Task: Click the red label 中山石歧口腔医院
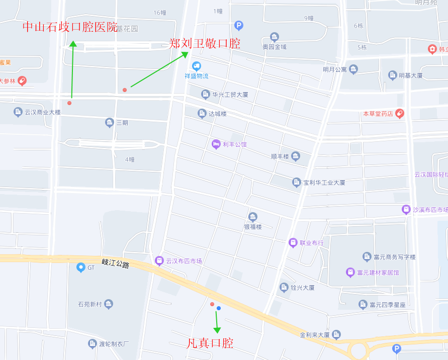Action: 70,27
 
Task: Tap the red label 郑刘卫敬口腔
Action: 204,44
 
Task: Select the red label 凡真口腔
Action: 210,343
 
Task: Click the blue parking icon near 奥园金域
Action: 239,26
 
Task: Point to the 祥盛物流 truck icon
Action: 196,66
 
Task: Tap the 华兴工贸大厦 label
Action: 230,95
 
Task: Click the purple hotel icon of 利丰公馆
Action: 216,144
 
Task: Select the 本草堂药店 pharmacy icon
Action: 400,114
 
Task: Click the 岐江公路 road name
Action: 116,263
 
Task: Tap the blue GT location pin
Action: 80,267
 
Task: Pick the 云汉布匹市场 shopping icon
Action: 159,260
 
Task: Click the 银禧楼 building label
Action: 253,227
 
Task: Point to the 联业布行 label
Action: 312,243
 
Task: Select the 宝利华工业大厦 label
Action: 324,183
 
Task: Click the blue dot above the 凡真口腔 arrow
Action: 219,308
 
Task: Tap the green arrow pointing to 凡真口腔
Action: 217,322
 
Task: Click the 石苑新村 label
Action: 90,304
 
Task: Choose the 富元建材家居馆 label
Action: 378,273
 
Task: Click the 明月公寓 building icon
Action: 353,69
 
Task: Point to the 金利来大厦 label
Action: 314,335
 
